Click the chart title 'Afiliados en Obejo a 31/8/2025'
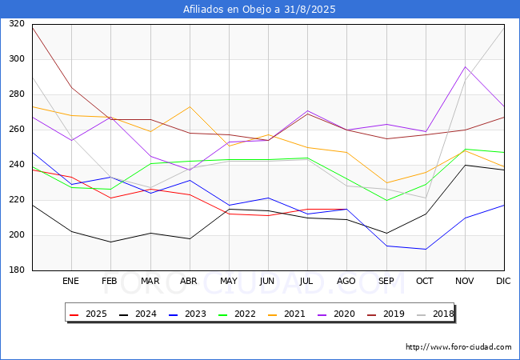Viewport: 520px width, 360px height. coord(259,10)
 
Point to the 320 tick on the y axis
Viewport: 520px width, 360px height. coord(16,24)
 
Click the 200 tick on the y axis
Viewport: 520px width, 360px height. coord(16,235)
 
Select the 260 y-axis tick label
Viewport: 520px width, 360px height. coord(16,130)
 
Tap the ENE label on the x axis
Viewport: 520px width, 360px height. coord(71,282)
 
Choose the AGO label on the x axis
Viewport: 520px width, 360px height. coord(346,282)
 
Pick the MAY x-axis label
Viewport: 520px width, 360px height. coord(229,282)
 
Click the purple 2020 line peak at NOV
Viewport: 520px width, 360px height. coord(465,66)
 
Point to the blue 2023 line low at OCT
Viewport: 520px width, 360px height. coord(426,249)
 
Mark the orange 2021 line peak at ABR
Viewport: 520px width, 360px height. coord(190,106)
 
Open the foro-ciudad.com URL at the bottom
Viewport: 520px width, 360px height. coord(458,347)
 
